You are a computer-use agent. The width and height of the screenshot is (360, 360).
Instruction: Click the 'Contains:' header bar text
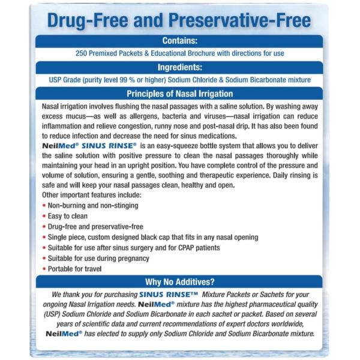click(x=179, y=41)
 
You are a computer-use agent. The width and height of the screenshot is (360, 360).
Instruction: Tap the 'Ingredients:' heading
click(x=179, y=67)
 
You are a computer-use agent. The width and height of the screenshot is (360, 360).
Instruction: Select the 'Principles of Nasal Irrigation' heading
click(x=179, y=94)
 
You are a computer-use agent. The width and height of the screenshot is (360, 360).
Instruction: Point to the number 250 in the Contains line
click(x=83, y=53)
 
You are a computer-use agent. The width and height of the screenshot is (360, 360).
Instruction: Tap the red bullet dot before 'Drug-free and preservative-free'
click(x=44, y=226)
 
